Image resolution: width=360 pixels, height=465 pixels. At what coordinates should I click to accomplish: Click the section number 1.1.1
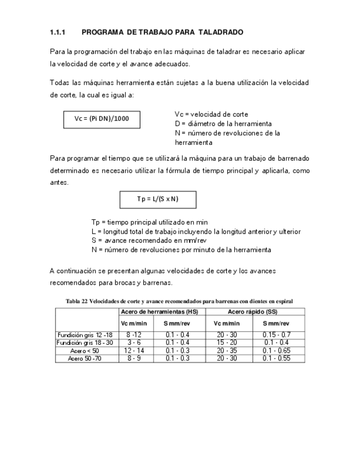(x=58, y=33)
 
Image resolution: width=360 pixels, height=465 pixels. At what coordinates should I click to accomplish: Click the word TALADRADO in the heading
(x=220, y=33)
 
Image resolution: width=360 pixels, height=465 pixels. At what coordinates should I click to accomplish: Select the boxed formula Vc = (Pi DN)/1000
(x=102, y=119)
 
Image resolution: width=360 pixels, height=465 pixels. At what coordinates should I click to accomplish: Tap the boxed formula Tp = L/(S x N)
(x=158, y=199)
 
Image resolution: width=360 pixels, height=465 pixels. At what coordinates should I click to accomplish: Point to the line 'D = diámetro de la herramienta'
(x=223, y=124)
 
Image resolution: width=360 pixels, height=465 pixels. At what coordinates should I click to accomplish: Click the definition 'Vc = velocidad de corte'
(x=211, y=115)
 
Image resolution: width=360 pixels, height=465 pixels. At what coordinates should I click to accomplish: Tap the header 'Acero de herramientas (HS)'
(x=162, y=311)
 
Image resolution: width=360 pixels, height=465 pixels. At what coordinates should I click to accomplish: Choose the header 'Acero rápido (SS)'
(x=255, y=311)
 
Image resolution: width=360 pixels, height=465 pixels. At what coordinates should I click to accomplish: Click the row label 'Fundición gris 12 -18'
(x=85, y=335)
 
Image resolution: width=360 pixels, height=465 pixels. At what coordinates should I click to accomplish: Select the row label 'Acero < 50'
(x=85, y=350)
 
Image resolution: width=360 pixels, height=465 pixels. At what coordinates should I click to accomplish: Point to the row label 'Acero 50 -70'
(x=85, y=358)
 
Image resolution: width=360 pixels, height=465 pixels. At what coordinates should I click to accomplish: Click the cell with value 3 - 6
(x=135, y=343)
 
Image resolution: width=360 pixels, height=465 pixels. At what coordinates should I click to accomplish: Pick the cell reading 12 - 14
(x=135, y=350)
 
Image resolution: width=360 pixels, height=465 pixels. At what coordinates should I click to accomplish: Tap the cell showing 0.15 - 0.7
(x=277, y=335)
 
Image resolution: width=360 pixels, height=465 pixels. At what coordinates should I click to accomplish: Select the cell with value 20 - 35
(x=226, y=350)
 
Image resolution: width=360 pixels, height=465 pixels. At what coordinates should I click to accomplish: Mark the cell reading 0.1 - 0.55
(x=277, y=358)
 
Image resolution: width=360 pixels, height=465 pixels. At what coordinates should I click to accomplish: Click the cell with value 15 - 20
(x=226, y=343)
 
